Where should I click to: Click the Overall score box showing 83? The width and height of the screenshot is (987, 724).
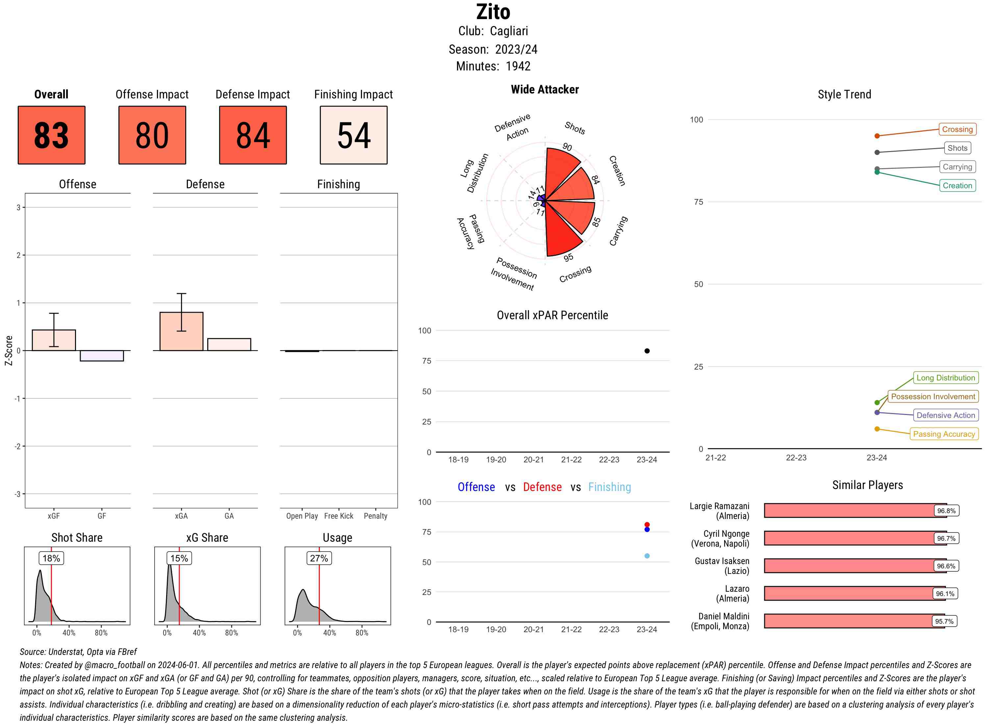coord(51,135)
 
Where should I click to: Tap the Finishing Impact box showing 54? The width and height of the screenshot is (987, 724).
coord(354,135)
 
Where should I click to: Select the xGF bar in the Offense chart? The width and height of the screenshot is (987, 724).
coord(54,340)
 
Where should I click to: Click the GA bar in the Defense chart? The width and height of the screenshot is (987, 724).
coord(229,345)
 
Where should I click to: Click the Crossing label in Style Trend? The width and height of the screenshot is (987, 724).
coord(957,129)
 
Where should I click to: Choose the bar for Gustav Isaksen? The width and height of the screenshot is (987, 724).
coord(854,566)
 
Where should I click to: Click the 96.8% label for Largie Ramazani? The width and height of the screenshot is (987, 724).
coord(946,510)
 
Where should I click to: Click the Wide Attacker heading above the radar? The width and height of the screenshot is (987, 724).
coord(544,90)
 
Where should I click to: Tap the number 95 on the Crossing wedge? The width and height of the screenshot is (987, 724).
coord(568,258)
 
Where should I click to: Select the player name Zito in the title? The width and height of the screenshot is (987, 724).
coord(493,12)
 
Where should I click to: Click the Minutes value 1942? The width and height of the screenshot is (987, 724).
coord(518,66)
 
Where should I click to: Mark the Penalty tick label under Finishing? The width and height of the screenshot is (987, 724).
coord(375,516)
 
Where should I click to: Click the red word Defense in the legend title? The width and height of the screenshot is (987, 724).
coord(542,487)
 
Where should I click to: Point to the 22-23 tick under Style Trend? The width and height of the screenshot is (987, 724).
coord(796,457)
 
